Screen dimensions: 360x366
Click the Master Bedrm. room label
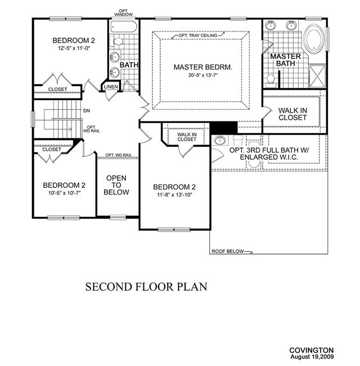tap(203, 67)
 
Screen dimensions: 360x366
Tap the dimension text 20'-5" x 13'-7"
tap(203, 75)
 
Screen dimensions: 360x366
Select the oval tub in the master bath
tap(314, 39)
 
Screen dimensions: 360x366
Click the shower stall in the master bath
tap(317, 76)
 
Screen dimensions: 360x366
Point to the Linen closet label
tap(111, 87)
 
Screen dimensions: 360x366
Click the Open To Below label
tap(116, 185)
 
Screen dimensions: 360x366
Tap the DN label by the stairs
tap(87, 111)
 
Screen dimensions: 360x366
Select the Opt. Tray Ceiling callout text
tap(198, 35)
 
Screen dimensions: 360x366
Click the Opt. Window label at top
tap(123, 12)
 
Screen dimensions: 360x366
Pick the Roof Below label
tap(227, 251)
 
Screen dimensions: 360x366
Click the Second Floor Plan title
tap(146, 287)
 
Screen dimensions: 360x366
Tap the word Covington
tap(312, 350)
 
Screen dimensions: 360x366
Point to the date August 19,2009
tap(312, 356)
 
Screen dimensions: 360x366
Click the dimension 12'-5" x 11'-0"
tap(74, 48)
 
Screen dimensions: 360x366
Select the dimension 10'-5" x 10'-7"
tap(65, 193)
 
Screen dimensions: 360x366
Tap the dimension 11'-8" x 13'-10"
tap(174, 195)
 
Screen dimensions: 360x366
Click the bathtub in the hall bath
tap(124, 26)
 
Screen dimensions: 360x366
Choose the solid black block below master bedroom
tap(224, 128)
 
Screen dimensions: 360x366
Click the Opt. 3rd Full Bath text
tap(269, 150)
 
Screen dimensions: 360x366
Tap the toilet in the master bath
tap(271, 80)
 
